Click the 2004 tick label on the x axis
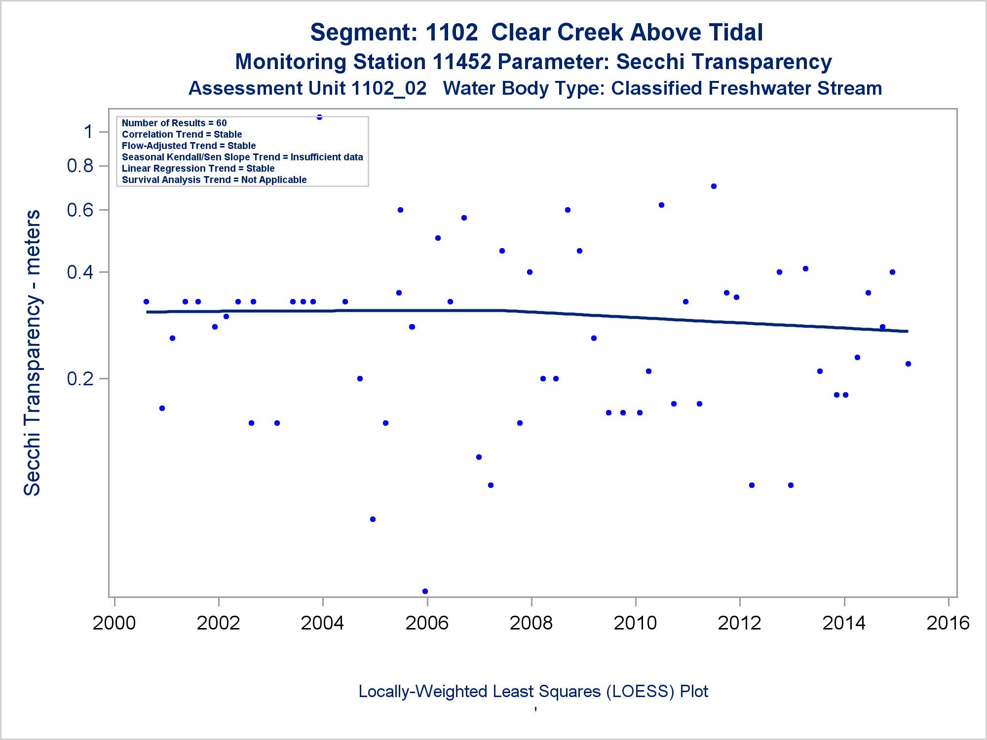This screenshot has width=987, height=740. click(x=322, y=623)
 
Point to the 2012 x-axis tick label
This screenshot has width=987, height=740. click(x=739, y=623)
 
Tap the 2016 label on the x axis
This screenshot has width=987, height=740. click(x=948, y=623)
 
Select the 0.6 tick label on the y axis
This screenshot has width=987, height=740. click(x=80, y=210)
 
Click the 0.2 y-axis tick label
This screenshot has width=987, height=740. click(x=80, y=379)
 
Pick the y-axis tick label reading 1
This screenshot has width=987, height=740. click(x=89, y=132)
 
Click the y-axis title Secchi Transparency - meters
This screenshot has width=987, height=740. click(x=33, y=353)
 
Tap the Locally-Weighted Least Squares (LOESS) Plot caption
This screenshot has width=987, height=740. click(x=533, y=691)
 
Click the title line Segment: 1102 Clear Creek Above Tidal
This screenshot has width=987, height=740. click(x=536, y=33)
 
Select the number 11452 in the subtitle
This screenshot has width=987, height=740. click(x=462, y=62)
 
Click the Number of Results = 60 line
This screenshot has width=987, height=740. click(x=174, y=123)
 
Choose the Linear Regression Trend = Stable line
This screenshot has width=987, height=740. click(x=198, y=168)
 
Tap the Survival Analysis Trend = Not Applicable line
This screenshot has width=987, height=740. click(x=214, y=180)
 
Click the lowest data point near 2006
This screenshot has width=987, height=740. click(x=425, y=591)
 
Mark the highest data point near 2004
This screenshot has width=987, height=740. click(x=319, y=117)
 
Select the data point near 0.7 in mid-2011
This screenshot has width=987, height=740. click(x=714, y=186)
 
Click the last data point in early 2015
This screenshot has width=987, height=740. click(x=908, y=364)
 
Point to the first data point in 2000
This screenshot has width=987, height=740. click(x=146, y=301)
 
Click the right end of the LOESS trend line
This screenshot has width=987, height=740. click(x=907, y=331)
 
